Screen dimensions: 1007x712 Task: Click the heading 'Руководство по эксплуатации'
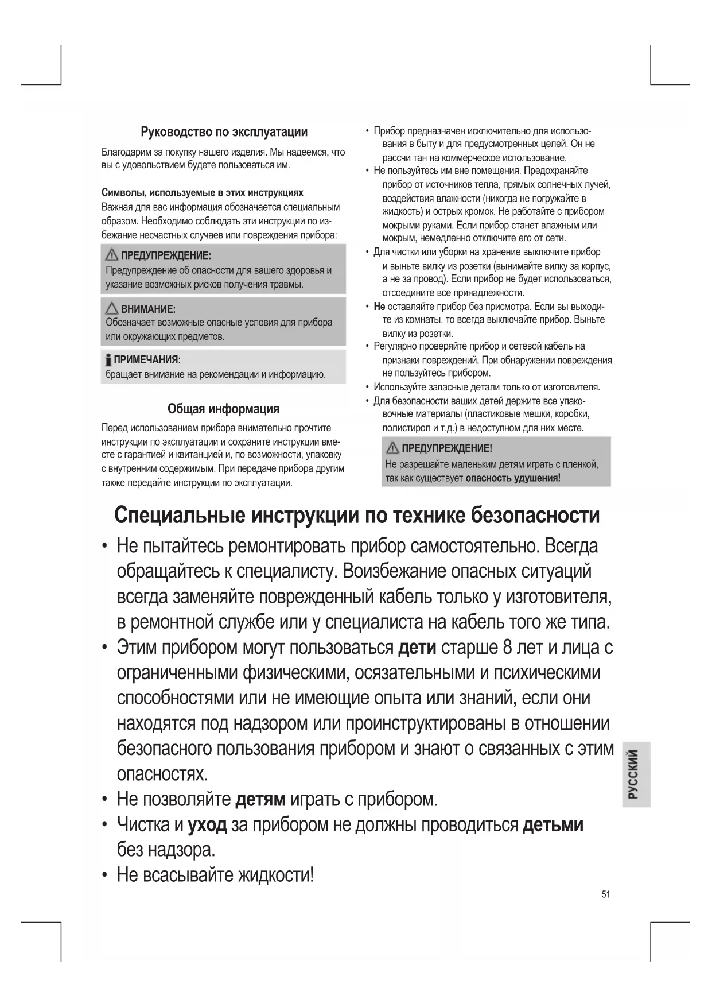pos(224,132)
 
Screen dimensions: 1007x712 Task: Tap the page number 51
pos(606,894)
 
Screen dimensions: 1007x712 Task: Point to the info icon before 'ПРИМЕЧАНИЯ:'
pos(108,360)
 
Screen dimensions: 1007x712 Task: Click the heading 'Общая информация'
pos(223,409)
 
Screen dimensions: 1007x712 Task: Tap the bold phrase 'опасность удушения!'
pos(513,478)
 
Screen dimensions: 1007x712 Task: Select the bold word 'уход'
pos(208,825)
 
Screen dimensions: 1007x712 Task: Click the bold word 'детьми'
pos(553,825)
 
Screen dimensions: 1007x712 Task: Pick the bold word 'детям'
pos(260,799)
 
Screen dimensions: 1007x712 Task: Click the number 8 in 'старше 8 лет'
pos(507,648)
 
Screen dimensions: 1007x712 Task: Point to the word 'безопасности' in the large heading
pos(535,515)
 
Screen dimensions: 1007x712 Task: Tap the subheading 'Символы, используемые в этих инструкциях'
pos(203,192)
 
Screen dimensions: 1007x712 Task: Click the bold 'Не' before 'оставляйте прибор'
pos(379,307)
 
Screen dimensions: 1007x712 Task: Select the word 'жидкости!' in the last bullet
pos(276,875)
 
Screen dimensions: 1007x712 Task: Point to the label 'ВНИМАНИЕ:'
pos(148,309)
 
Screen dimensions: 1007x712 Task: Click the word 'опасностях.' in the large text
pos(162,774)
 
